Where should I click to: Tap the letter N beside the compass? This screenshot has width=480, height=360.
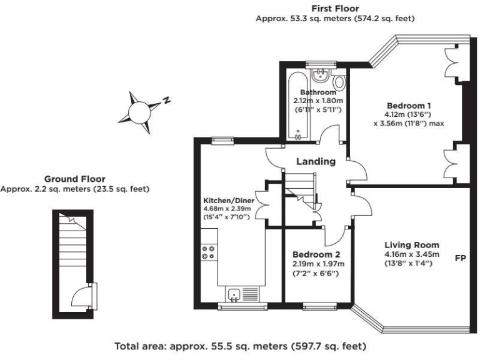tap(167, 100)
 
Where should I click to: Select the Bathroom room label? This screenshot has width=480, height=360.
tap(318, 92)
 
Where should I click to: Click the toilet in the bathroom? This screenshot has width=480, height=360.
tap(339, 82)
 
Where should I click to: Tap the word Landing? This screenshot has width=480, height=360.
tap(316, 161)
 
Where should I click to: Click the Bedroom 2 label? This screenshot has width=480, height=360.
tap(316, 254)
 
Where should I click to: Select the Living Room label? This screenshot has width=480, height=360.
tap(411, 244)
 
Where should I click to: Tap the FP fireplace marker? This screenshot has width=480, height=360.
tap(461, 257)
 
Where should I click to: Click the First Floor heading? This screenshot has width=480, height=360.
tap(335, 9)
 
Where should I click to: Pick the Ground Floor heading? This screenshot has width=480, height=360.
tap(74, 179)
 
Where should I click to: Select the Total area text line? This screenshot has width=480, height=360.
tap(240, 345)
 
